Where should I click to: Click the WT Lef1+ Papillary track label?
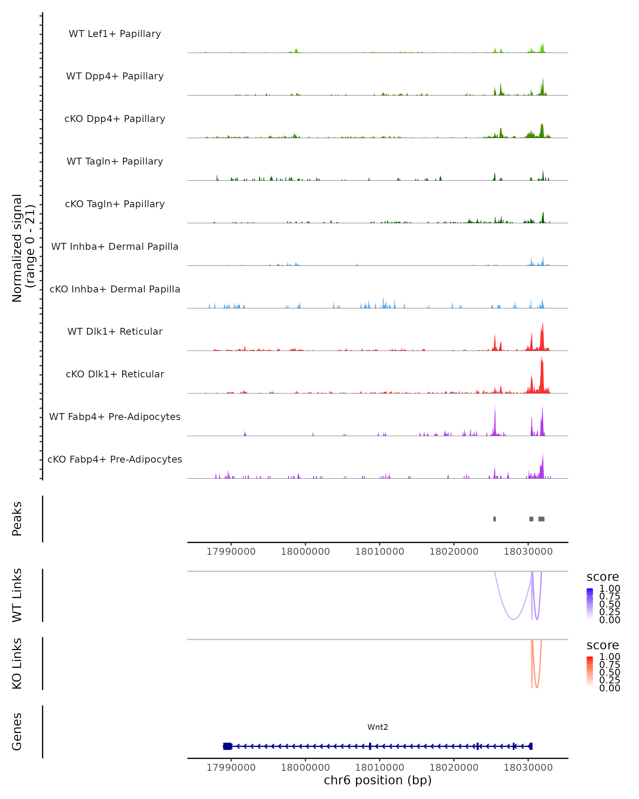pyautogui.click(x=115, y=34)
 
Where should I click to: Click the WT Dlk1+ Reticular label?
pyautogui.click(x=115, y=331)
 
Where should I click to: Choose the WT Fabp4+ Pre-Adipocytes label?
pyautogui.click(x=115, y=417)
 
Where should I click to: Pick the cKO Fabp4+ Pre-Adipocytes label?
pyautogui.click(x=115, y=459)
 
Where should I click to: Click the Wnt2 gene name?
pyautogui.click(x=378, y=727)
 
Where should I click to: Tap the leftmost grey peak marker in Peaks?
pyautogui.click(x=494, y=519)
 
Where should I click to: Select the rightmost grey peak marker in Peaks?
pyautogui.click(x=541, y=519)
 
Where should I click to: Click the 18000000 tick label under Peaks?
pyautogui.click(x=305, y=552)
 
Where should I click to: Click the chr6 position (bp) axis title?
pyautogui.click(x=378, y=780)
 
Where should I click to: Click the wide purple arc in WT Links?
pyautogui.click(x=513, y=619)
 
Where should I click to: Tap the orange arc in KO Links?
pyautogui.click(x=537, y=687)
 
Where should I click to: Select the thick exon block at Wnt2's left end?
pyautogui.click(x=227, y=746)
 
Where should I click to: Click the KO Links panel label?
pyautogui.click(x=17, y=663)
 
